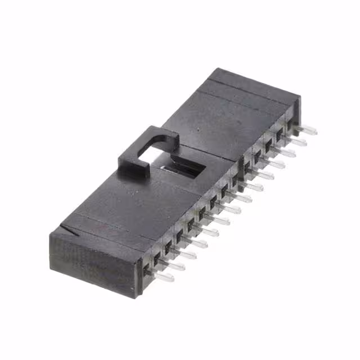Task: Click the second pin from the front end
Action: pyautogui.click(x=175, y=265)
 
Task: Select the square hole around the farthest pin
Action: pyautogui.click(x=291, y=124)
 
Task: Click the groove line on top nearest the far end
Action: pyautogui.click(x=247, y=93)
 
